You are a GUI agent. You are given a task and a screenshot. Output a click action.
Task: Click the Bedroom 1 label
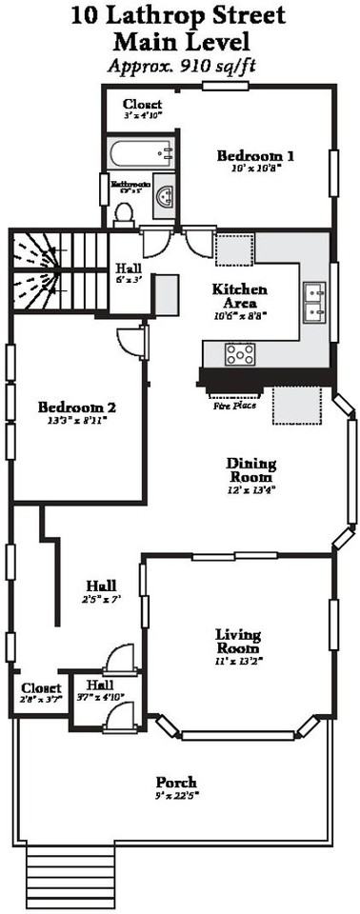[254, 156]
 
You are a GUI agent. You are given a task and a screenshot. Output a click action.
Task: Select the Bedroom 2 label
[77, 407]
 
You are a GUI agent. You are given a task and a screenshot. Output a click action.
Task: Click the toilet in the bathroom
[124, 213]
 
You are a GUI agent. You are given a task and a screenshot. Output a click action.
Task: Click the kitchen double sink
[313, 302]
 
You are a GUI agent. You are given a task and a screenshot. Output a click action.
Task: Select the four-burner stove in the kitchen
[239, 354]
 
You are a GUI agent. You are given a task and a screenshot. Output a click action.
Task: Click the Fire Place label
[234, 404]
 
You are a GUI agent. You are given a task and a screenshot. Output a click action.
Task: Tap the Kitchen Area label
[239, 295]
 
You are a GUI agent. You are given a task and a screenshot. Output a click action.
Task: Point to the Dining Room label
[250, 471]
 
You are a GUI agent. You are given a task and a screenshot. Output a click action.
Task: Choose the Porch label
[176, 782]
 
